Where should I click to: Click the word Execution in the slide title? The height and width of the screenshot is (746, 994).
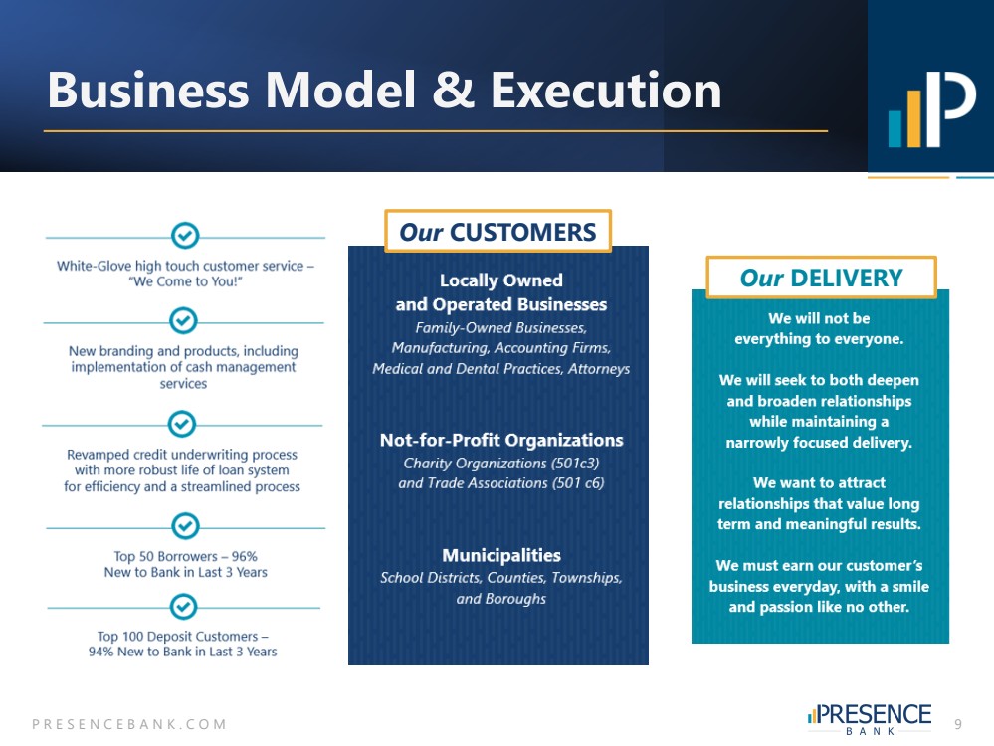point(606,91)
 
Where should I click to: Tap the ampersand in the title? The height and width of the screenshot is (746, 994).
point(453,90)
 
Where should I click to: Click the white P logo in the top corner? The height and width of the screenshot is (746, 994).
point(949,108)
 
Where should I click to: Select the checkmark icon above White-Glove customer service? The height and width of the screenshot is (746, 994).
point(185,236)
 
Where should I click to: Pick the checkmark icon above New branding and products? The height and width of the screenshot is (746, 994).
point(183,320)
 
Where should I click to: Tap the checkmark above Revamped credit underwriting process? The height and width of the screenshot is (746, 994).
point(182,424)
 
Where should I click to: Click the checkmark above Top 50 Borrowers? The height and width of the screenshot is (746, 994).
point(185,525)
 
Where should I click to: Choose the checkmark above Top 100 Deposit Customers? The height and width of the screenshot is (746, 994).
point(183,607)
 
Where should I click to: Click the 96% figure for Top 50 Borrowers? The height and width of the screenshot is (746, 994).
point(244,556)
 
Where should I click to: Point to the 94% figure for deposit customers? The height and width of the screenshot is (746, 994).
point(100,652)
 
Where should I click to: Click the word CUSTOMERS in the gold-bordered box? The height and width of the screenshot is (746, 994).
point(522,232)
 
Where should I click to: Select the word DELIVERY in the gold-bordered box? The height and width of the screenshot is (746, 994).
point(847,279)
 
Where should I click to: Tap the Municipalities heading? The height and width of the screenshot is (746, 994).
point(501,555)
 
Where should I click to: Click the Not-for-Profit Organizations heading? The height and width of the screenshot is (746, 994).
point(501,440)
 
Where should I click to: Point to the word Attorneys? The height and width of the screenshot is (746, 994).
point(598,369)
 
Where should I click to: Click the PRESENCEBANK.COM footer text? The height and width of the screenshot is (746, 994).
point(129,724)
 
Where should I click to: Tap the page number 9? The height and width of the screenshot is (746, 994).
point(958,724)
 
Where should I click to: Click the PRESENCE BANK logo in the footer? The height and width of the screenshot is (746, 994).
point(870,719)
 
